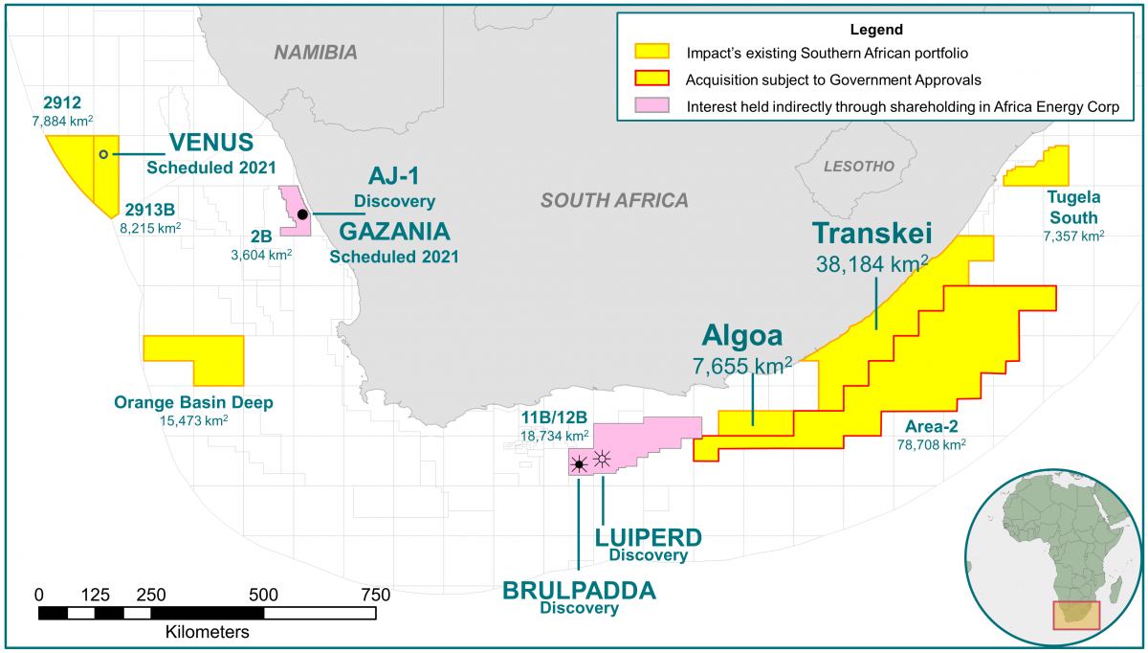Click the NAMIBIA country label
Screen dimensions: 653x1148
pyautogui.click(x=316, y=52)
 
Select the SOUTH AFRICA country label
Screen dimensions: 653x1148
pyautogui.click(x=613, y=200)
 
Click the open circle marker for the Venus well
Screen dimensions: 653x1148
pyautogui.click(x=103, y=154)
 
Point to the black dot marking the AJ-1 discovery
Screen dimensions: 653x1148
pyautogui.click(x=301, y=214)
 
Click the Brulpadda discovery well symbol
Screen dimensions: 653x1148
pyautogui.click(x=578, y=466)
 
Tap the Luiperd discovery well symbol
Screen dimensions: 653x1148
pyautogui.click(x=602, y=459)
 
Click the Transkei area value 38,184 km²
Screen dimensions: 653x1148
pyautogui.click(x=872, y=264)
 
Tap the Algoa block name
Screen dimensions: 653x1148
pyautogui.click(x=741, y=335)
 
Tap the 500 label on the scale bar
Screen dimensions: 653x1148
pyautogui.click(x=263, y=595)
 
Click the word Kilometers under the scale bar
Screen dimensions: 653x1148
pyautogui.click(x=208, y=633)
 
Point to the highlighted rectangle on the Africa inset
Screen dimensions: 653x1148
pyautogui.click(x=1076, y=615)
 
